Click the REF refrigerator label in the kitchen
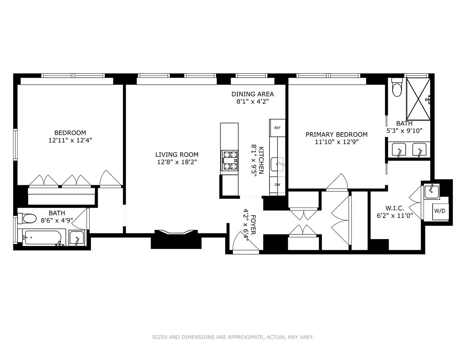(x=277, y=128)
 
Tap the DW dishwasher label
(x=277, y=185)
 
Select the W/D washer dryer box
(x=440, y=211)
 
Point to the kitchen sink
(x=277, y=164)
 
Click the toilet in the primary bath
(x=397, y=87)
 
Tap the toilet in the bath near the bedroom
(x=27, y=218)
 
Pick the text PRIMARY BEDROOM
(x=337, y=135)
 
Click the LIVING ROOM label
(x=177, y=155)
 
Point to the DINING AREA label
(x=253, y=94)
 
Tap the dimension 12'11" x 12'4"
(x=70, y=140)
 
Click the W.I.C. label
(x=395, y=208)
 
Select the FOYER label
(x=253, y=225)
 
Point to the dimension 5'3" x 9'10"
(x=404, y=131)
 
